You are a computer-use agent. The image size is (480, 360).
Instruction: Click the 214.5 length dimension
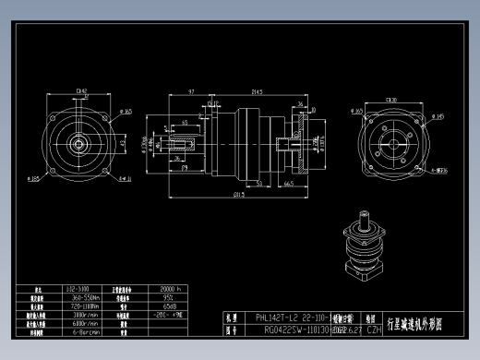256,91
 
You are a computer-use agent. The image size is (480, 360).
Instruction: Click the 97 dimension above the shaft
190,91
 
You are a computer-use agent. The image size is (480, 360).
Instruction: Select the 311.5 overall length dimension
238,195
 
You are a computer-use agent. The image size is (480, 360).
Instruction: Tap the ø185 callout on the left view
34,179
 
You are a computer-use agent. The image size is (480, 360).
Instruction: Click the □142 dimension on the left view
81,90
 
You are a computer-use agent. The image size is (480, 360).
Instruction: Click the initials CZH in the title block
374,328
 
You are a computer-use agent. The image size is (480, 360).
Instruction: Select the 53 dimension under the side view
260,185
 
